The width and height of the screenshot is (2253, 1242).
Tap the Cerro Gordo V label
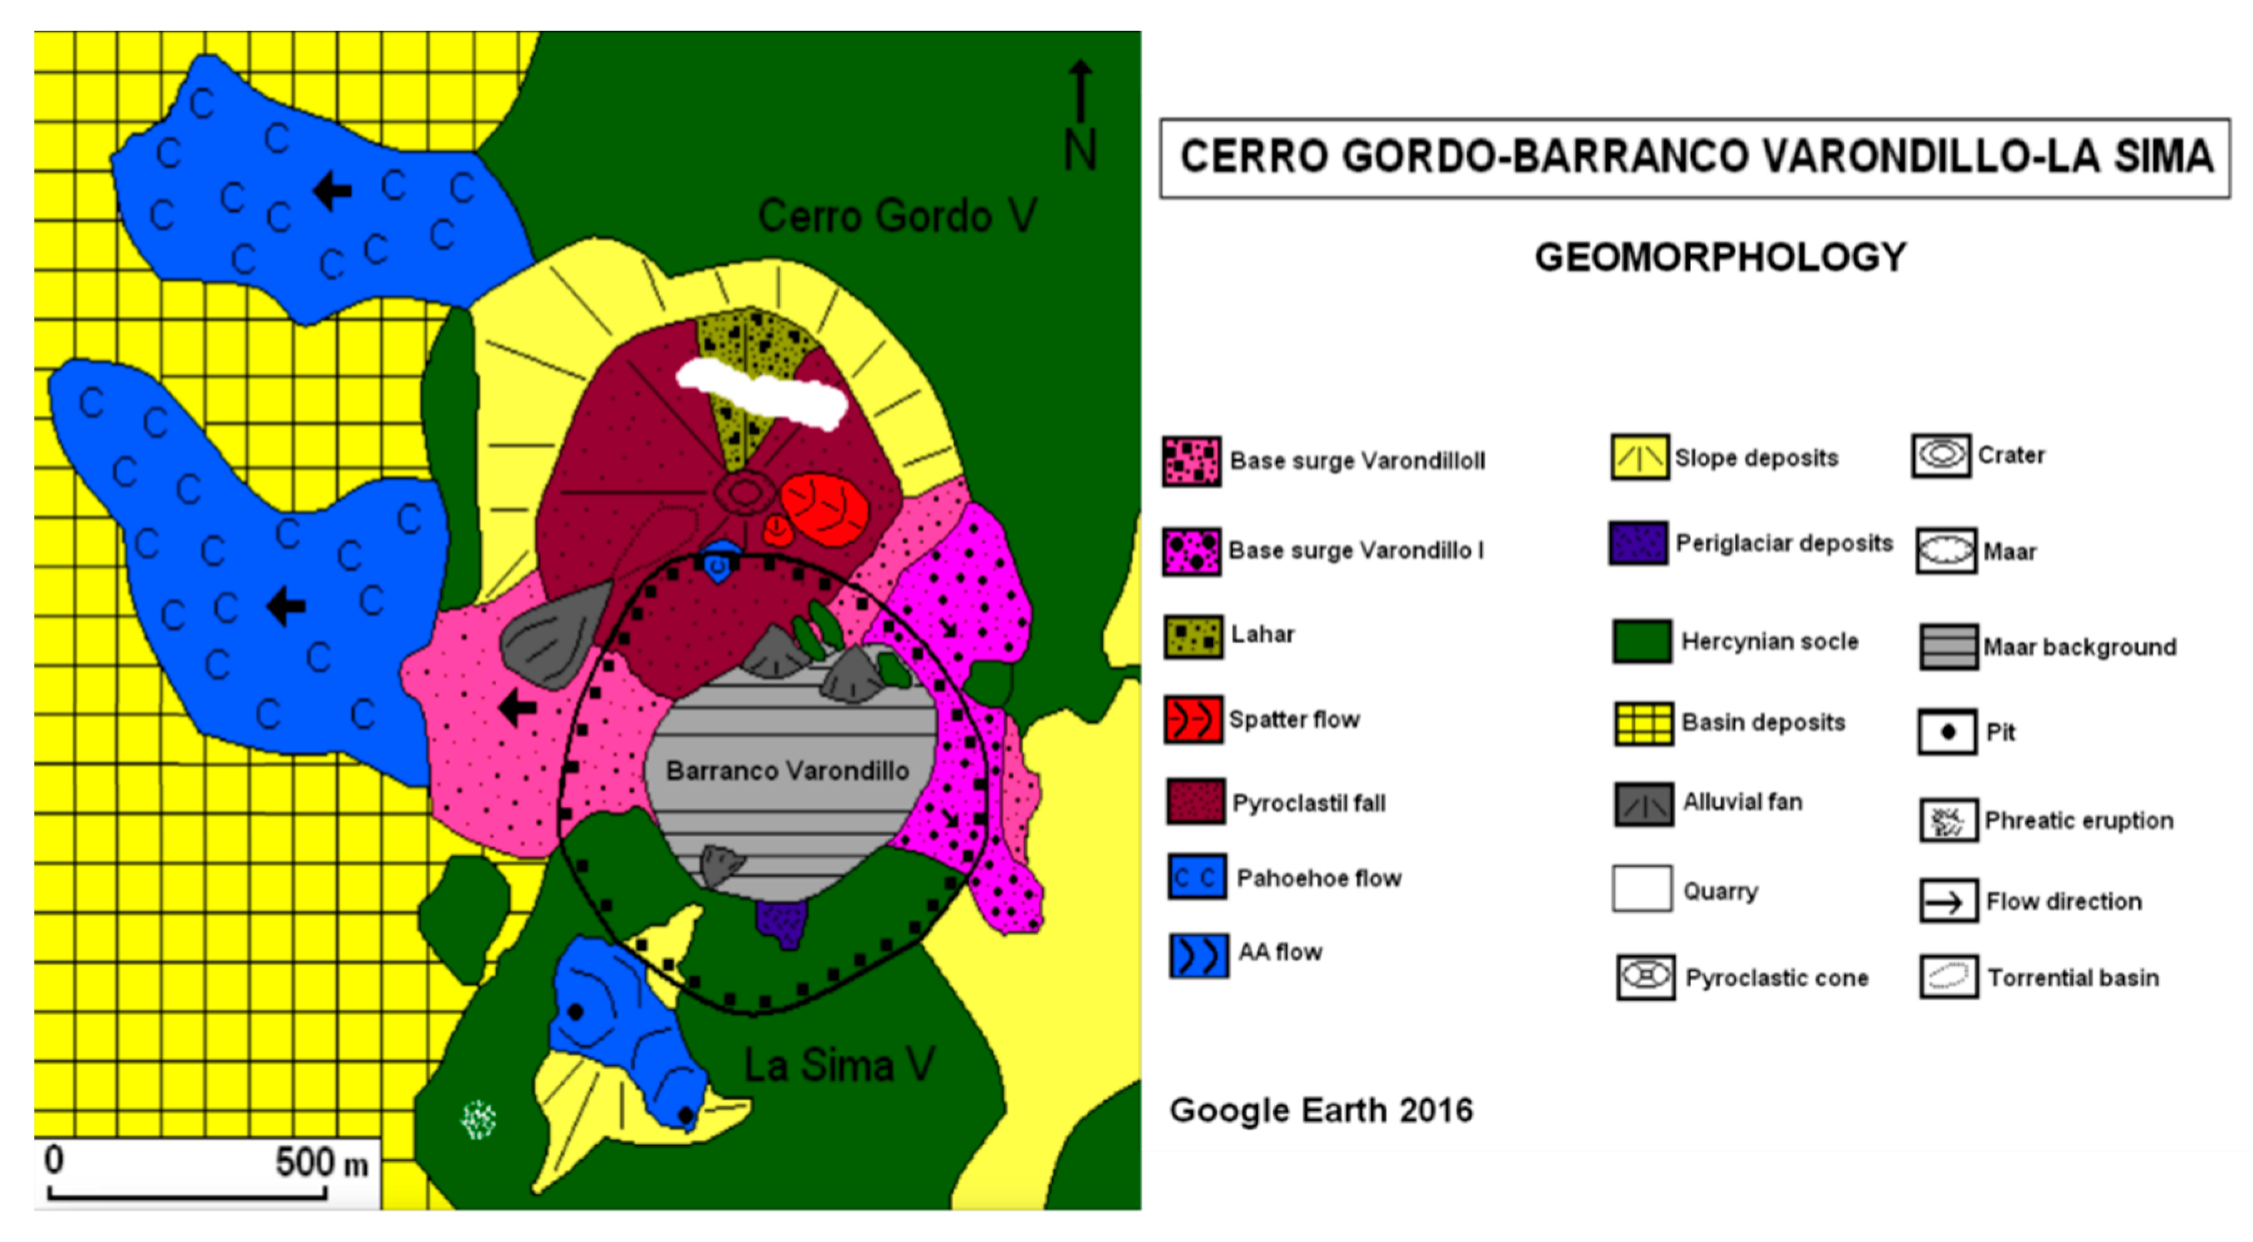(897, 215)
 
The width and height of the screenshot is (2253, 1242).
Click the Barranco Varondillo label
(787, 771)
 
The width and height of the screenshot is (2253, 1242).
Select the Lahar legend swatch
(1193, 636)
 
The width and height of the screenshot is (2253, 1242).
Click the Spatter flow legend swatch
(1193, 720)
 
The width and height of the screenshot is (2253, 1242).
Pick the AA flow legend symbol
(1198, 955)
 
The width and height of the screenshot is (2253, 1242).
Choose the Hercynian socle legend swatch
(1642, 642)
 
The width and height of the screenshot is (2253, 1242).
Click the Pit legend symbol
(1947, 732)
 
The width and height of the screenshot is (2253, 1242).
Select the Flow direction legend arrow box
(1948, 902)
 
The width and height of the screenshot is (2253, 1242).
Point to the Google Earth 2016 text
(1321, 1111)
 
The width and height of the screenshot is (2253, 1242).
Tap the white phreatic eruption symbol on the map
(479, 1119)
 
